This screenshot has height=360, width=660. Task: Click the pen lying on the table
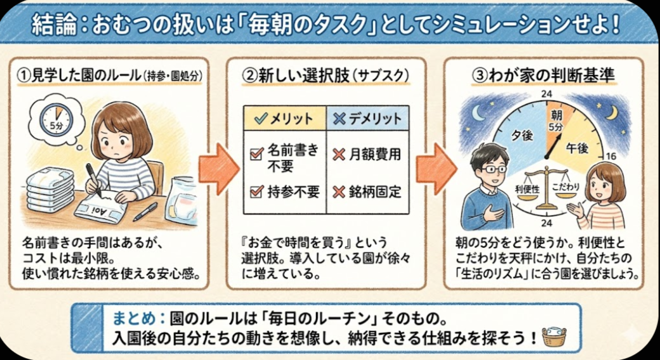[x=145, y=211]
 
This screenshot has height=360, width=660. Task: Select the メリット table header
[x=284, y=119]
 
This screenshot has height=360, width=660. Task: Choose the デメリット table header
[x=367, y=119]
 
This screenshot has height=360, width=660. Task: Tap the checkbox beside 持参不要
[x=256, y=192]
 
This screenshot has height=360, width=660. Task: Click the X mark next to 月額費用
[x=339, y=155]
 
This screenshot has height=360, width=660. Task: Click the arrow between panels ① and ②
[x=218, y=169]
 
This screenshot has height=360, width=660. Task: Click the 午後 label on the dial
[x=577, y=148]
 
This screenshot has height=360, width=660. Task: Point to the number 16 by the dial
[x=610, y=156]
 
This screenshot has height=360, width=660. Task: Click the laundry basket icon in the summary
[x=554, y=337]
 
